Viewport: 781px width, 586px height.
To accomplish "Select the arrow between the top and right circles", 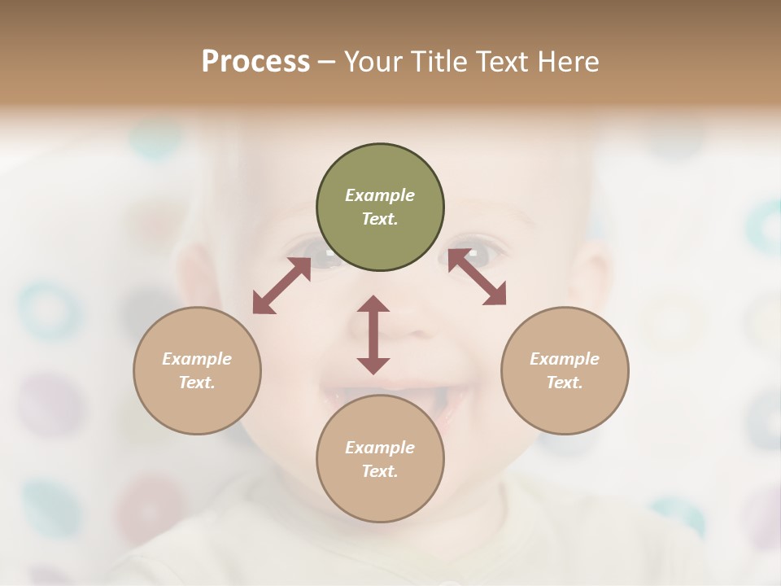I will tap(477, 277).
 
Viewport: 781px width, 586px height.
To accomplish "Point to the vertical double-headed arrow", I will tap(373, 335).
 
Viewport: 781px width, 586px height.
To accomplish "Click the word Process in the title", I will tap(255, 61).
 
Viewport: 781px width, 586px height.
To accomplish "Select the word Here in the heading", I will tap(566, 61).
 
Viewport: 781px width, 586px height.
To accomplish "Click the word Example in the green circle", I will tap(380, 195).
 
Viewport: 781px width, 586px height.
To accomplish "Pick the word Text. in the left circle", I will tap(197, 383).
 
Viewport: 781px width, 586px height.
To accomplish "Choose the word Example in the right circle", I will tap(565, 359).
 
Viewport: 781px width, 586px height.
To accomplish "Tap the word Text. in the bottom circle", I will tap(380, 471).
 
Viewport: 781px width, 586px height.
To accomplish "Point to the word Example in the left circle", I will tap(197, 359).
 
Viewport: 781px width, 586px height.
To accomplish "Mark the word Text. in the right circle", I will tap(565, 383).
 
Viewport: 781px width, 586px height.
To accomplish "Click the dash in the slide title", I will tap(327, 62).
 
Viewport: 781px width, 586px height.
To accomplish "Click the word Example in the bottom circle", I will tap(380, 448).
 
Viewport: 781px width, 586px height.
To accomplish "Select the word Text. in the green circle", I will tap(380, 219).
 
